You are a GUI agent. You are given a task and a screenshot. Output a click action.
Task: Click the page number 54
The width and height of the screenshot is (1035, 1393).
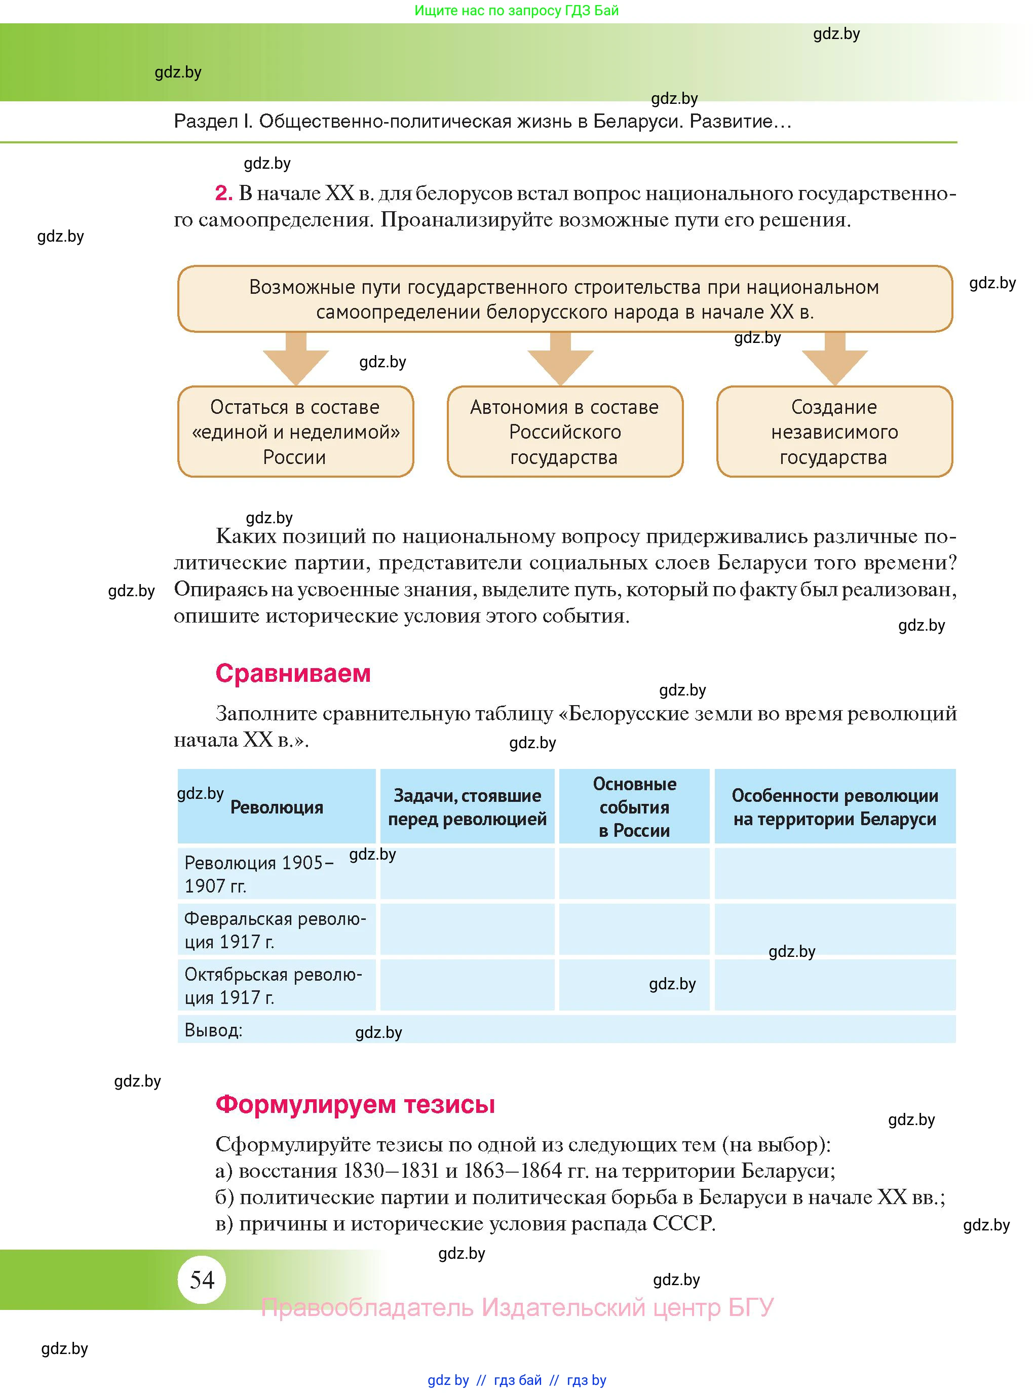202,1280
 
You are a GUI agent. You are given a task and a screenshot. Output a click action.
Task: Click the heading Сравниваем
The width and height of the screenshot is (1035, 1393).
293,673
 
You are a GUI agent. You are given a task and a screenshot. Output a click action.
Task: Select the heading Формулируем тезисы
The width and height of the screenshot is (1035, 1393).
355,1104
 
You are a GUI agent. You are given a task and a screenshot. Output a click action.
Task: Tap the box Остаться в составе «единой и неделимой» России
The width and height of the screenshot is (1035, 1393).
295,432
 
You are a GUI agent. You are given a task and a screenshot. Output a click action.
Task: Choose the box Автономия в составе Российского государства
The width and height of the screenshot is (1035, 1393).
564,432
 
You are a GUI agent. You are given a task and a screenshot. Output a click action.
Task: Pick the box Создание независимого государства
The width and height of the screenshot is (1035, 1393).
834,432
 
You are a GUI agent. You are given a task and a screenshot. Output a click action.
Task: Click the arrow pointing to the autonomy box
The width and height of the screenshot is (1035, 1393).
560,360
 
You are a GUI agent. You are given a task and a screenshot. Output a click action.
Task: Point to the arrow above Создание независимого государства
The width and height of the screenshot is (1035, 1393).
834,360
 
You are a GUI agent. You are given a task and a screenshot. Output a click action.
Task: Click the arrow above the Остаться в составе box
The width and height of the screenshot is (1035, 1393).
296,360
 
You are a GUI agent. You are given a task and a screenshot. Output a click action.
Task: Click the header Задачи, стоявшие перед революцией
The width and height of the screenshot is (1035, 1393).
467,807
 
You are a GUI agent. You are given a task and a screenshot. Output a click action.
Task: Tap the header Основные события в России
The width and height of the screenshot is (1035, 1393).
634,807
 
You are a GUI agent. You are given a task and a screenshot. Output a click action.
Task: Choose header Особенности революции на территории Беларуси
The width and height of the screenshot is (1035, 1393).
834,807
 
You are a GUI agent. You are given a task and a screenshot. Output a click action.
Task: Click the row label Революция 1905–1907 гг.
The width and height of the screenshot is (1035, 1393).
258,874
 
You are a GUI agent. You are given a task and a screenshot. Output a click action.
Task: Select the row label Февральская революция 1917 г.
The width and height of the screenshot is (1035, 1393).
275,930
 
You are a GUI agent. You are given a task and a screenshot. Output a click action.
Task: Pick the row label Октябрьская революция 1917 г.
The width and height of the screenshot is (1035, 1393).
273,985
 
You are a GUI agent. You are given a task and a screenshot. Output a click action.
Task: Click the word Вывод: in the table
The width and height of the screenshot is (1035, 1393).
213,1030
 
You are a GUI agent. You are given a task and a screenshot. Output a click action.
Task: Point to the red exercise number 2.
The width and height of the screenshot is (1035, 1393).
223,193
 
